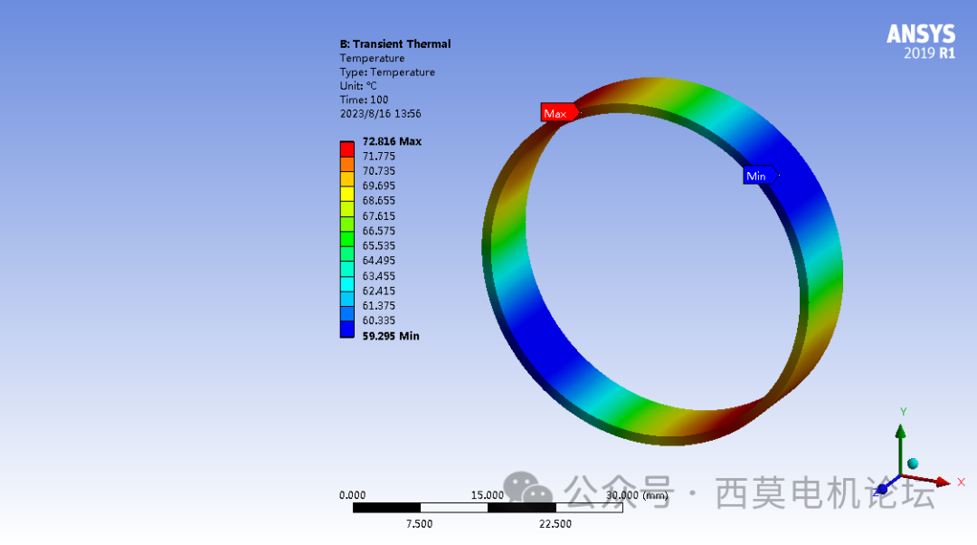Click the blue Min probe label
(758, 177)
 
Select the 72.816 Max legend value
(391, 141)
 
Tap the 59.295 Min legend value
(390, 336)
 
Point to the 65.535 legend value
(378, 245)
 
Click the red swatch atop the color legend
(346, 148)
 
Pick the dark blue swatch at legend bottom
(346, 330)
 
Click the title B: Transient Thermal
(394, 43)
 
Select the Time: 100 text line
(364, 100)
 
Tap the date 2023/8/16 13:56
(380, 114)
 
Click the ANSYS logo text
(920, 34)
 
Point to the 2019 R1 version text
(929, 53)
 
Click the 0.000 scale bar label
(352, 495)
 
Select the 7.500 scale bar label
(419, 524)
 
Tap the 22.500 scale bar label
(555, 524)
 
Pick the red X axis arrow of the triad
(940, 482)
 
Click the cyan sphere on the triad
(913, 464)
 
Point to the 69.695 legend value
(378, 186)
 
